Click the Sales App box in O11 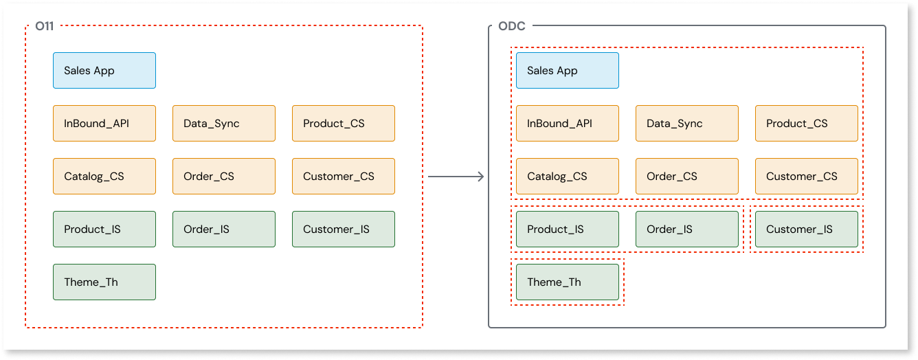(x=104, y=71)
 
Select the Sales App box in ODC (x=568, y=71)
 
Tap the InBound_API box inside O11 (x=104, y=124)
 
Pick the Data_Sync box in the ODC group (x=687, y=124)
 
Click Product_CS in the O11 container (x=344, y=124)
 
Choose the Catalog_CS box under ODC (x=568, y=177)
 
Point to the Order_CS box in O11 (x=224, y=177)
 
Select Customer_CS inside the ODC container (x=807, y=177)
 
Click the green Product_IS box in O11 (x=104, y=229)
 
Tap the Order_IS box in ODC (x=687, y=229)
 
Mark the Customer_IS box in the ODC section (x=807, y=229)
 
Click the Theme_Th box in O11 (x=104, y=282)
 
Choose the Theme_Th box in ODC (x=568, y=282)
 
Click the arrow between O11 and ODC (x=456, y=177)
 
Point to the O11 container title (x=45, y=27)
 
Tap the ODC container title (x=512, y=27)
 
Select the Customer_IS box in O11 (x=344, y=229)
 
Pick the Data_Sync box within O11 (x=224, y=124)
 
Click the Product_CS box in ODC (x=807, y=124)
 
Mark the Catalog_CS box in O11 (x=104, y=177)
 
